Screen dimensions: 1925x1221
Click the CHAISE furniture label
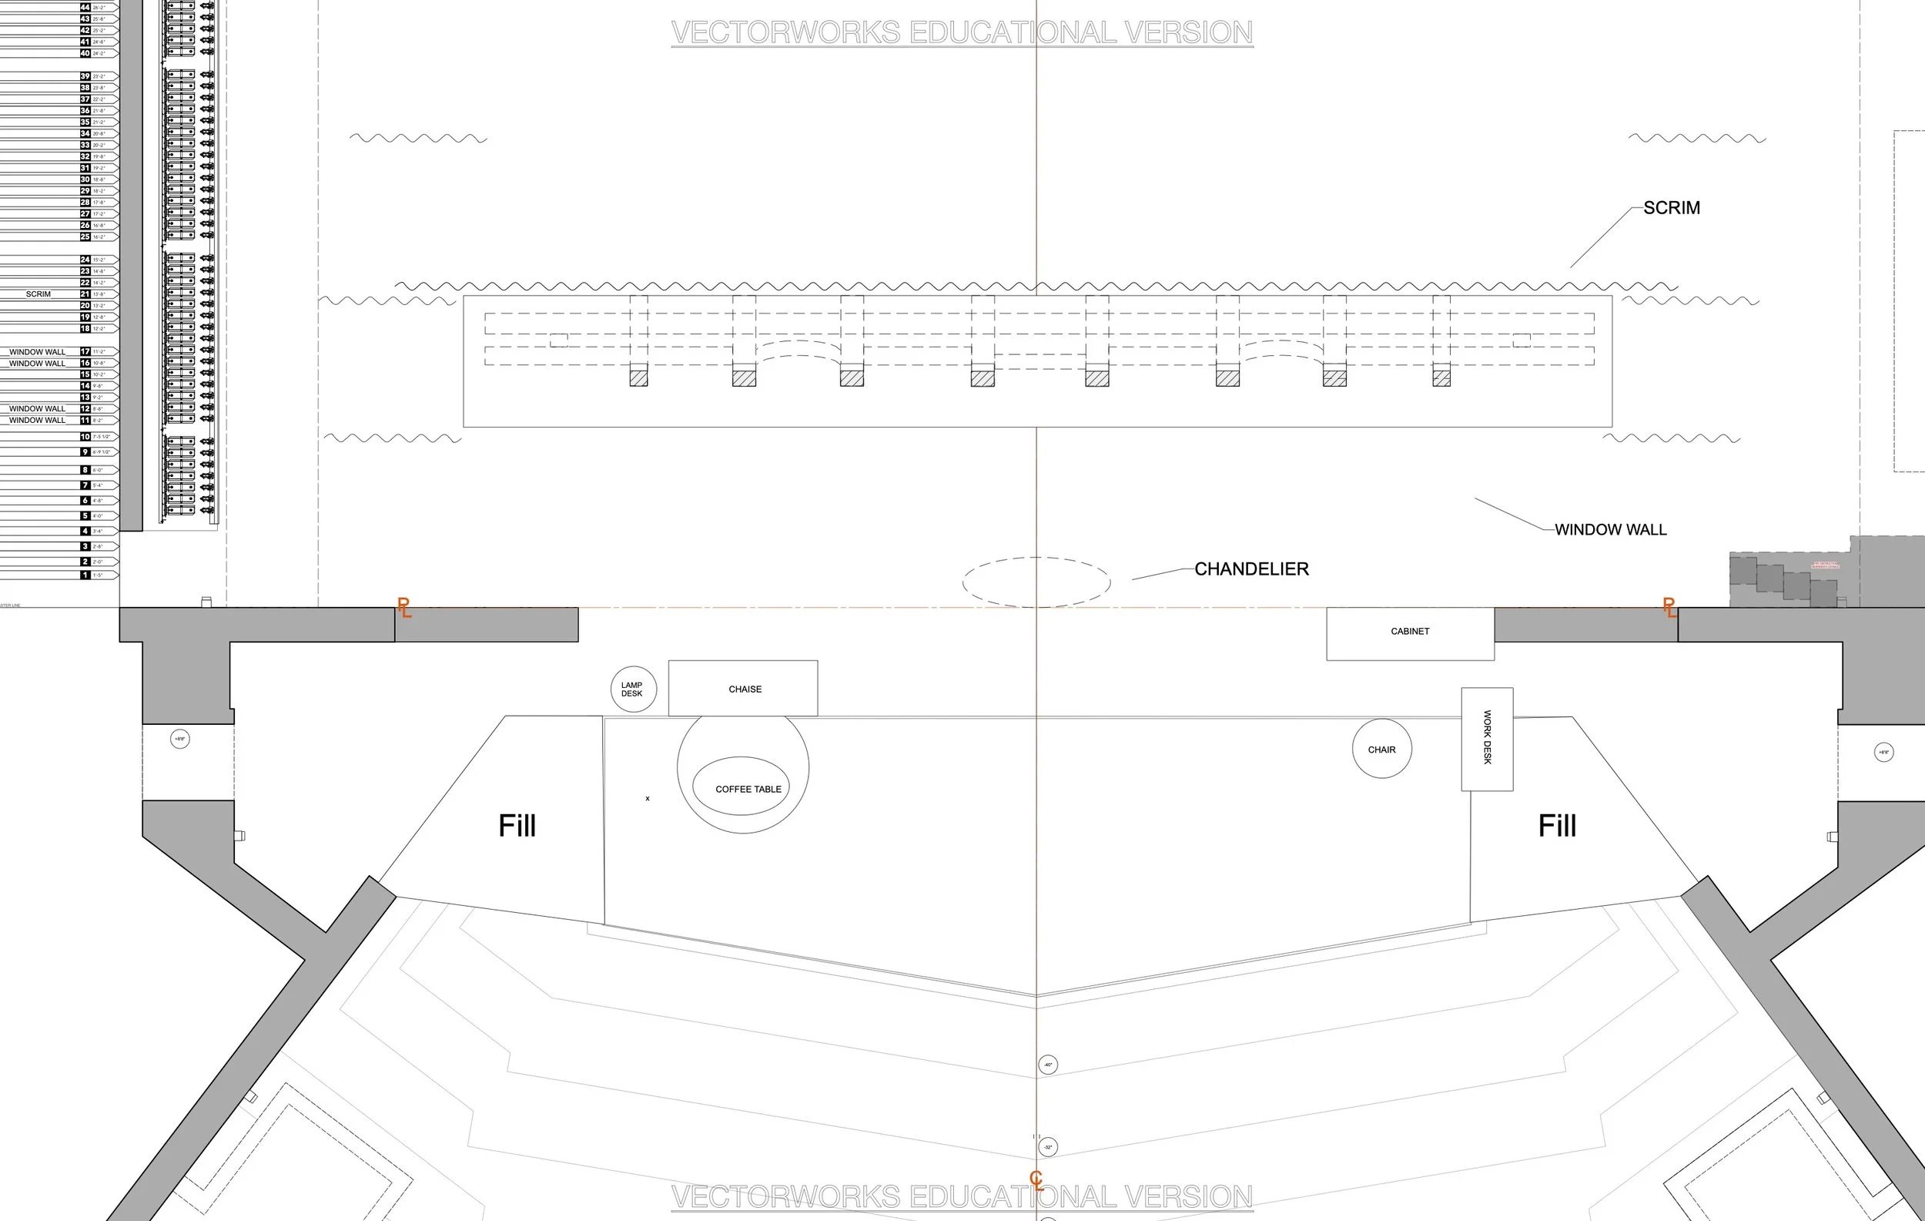coord(745,689)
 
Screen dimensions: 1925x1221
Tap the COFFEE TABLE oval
coord(741,786)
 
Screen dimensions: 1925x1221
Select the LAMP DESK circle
coord(633,689)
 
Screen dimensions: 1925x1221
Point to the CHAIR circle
coord(1381,750)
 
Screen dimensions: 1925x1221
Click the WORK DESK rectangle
coord(1487,738)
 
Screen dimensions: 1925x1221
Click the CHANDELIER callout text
coord(1251,569)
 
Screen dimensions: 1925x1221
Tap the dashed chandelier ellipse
coord(1036,582)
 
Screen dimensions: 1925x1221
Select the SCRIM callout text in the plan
coord(1671,208)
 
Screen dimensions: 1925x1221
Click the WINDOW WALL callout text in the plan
coord(1610,529)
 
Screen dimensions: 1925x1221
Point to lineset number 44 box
coord(85,7)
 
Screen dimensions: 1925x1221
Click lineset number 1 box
coord(85,575)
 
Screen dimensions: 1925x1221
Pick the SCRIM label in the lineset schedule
coord(38,294)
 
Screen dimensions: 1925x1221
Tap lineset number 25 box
coord(85,236)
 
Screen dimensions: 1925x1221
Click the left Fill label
coord(517,825)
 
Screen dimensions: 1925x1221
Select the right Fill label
coord(1556,825)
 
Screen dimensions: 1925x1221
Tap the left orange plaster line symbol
coord(404,608)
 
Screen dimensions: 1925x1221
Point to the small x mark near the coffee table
coord(648,798)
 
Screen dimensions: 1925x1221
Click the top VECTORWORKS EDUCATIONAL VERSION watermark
coord(962,33)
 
